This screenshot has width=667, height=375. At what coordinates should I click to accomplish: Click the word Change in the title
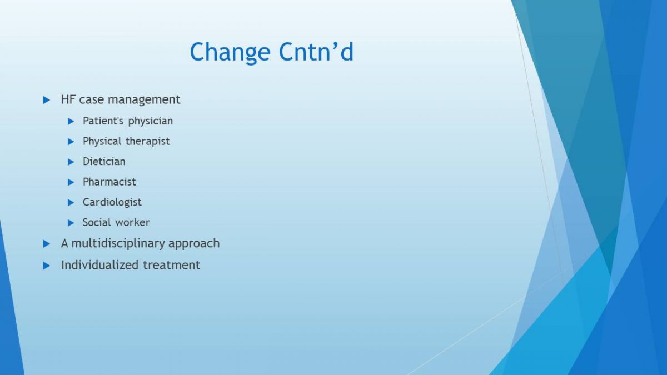[x=230, y=53]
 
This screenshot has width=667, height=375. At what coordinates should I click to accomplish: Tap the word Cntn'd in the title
[x=316, y=52]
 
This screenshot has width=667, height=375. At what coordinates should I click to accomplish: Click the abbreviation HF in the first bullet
[x=68, y=99]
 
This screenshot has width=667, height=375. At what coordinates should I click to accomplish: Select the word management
[x=144, y=100]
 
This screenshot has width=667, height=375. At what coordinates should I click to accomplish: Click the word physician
[x=151, y=122]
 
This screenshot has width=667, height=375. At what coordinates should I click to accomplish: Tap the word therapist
[x=147, y=142]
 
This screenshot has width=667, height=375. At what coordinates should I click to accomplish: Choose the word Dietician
[x=104, y=162]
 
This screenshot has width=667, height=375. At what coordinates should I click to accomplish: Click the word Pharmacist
[x=109, y=182]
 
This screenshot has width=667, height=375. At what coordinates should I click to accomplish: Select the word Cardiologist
[x=112, y=203]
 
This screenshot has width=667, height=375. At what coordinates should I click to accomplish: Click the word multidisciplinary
[x=118, y=244]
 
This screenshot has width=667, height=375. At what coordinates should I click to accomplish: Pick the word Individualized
[x=100, y=265]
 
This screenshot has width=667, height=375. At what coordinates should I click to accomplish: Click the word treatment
[x=172, y=266]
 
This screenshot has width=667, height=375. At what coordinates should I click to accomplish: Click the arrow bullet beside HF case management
[x=47, y=100]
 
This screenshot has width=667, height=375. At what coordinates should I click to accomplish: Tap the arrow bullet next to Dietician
[x=71, y=162]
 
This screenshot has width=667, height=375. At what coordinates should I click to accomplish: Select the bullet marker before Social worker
[x=71, y=223]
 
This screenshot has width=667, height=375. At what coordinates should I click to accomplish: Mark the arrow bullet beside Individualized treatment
[x=47, y=266]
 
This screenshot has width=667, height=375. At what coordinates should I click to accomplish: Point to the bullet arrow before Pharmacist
[x=71, y=182]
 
